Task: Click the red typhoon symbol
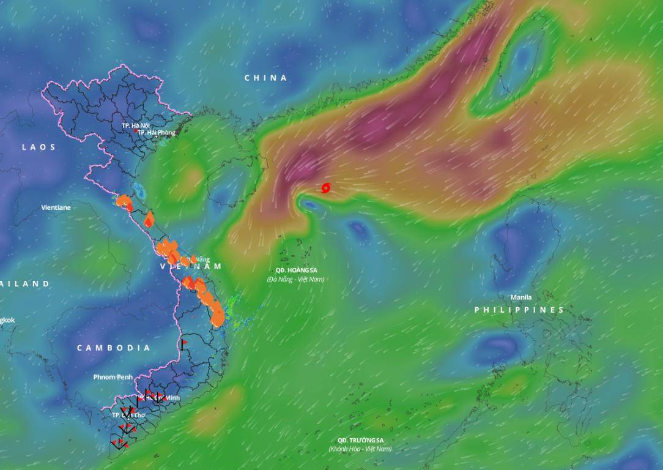[x=325, y=188]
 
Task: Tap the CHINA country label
[x=265, y=78]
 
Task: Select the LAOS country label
[x=39, y=147]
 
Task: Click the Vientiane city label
[x=56, y=207]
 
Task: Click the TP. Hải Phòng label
[x=157, y=133]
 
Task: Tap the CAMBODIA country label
[x=113, y=348]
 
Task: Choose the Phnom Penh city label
[x=113, y=377]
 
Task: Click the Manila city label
[x=521, y=297]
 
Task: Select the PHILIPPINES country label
[x=519, y=310]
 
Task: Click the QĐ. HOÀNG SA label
[x=296, y=270]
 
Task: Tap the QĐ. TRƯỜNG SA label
[x=360, y=440]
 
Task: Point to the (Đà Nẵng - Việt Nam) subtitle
[x=295, y=280]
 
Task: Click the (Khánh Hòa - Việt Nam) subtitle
[x=360, y=449]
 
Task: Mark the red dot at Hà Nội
[x=136, y=130]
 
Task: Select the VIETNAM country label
[x=191, y=267]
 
